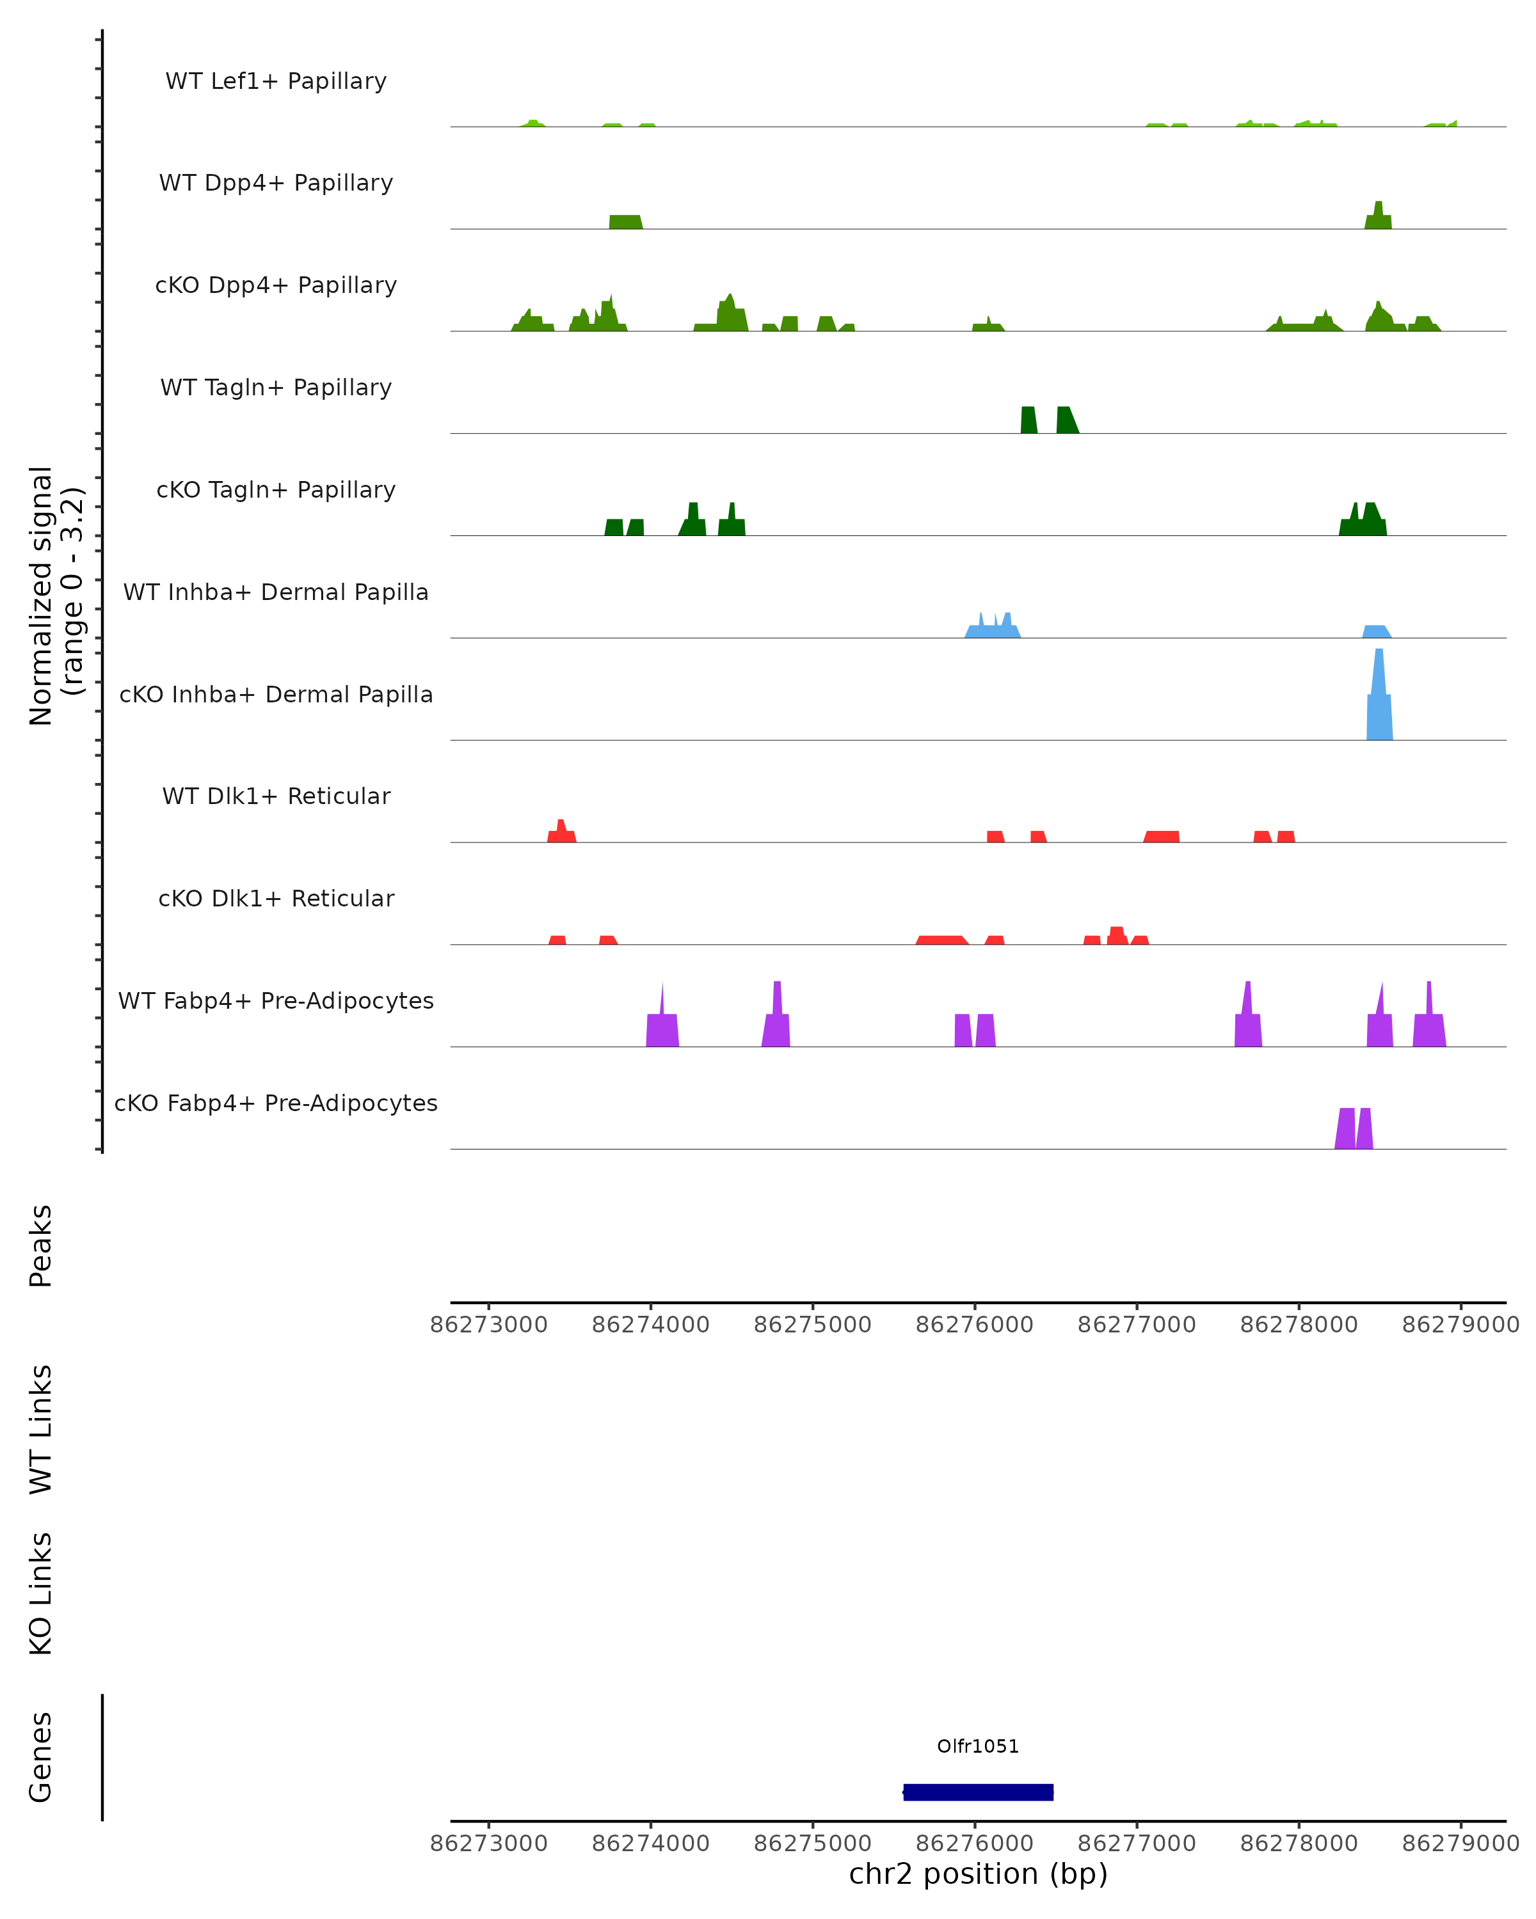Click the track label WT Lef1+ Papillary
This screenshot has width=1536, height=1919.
(276, 81)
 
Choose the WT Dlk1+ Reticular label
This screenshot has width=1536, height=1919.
(276, 796)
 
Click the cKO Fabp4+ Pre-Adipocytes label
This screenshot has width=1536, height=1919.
(276, 1103)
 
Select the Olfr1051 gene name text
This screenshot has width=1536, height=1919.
(978, 1746)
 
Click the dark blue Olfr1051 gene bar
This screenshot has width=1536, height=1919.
(978, 1792)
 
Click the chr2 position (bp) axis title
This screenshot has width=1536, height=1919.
(978, 1874)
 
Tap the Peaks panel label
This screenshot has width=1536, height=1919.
(41, 1245)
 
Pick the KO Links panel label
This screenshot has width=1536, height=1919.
(41, 1593)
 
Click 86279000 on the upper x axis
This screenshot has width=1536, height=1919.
(1460, 1325)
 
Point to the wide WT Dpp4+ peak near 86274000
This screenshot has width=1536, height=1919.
(625, 221)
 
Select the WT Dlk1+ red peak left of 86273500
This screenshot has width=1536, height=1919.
(561, 833)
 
